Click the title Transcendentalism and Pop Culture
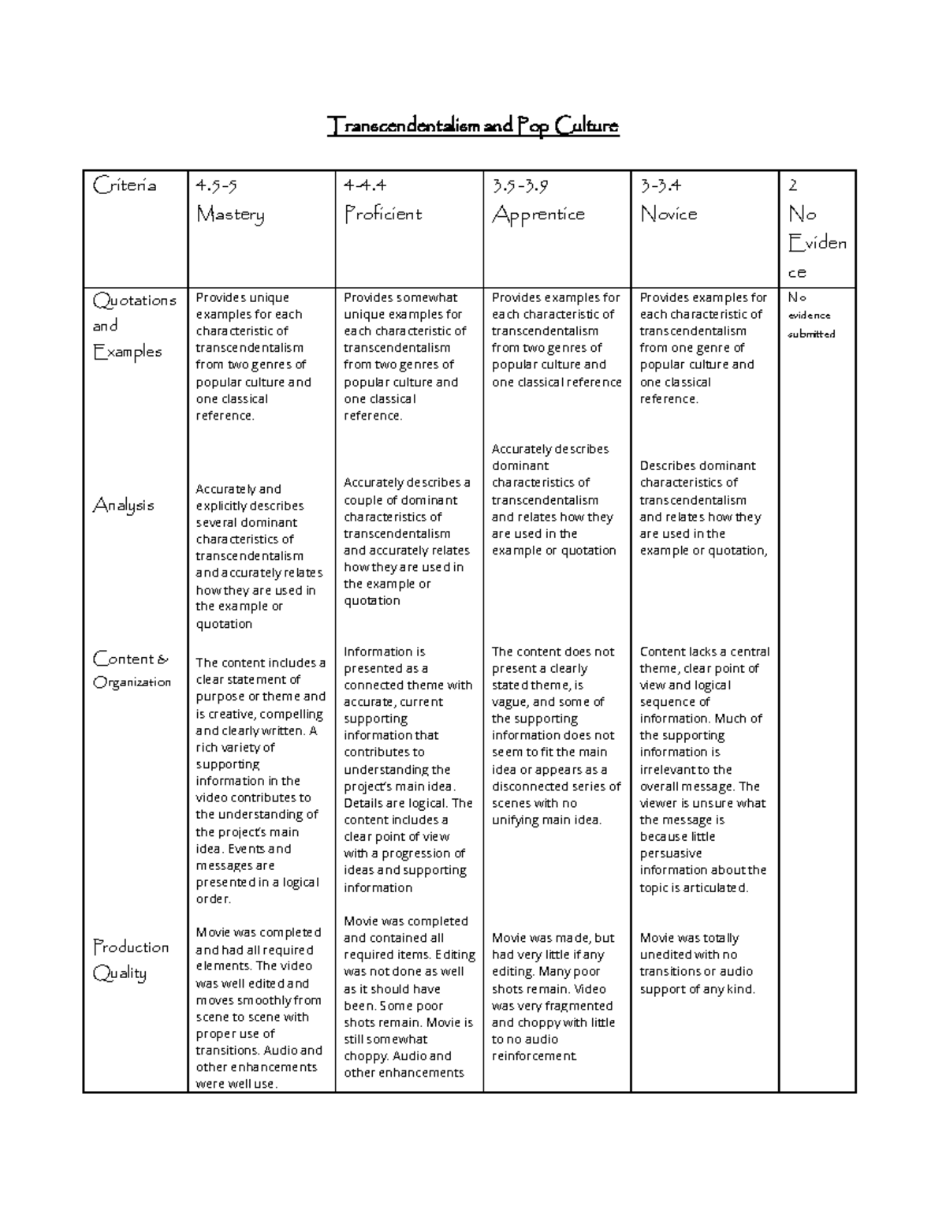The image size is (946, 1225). (x=473, y=125)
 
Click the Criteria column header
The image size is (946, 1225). (x=125, y=185)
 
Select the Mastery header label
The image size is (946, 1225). (x=230, y=215)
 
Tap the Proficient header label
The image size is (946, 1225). (x=383, y=215)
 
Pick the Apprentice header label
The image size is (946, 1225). (x=538, y=215)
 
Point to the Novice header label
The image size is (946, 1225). (x=669, y=215)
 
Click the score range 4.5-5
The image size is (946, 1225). (x=216, y=186)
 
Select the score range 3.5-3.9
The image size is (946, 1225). (x=520, y=186)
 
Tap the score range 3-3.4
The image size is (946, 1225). (x=661, y=186)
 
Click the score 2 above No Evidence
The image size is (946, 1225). (x=793, y=186)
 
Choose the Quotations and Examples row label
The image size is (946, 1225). (x=133, y=326)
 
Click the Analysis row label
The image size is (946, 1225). (x=124, y=505)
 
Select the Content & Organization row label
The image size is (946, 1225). (x=132, y=670)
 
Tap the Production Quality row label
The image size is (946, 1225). (x=130, y=959)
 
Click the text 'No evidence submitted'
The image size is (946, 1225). (x=811, y=316)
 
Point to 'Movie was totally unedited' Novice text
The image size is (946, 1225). (x=697, y=963)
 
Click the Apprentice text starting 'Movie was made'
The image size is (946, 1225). (x=552, y=996)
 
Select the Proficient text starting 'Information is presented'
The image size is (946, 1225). (x=408, y=769)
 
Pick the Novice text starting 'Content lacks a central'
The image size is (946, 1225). (x=704, y=769)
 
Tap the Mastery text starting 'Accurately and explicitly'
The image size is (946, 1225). (x=259, y=556)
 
